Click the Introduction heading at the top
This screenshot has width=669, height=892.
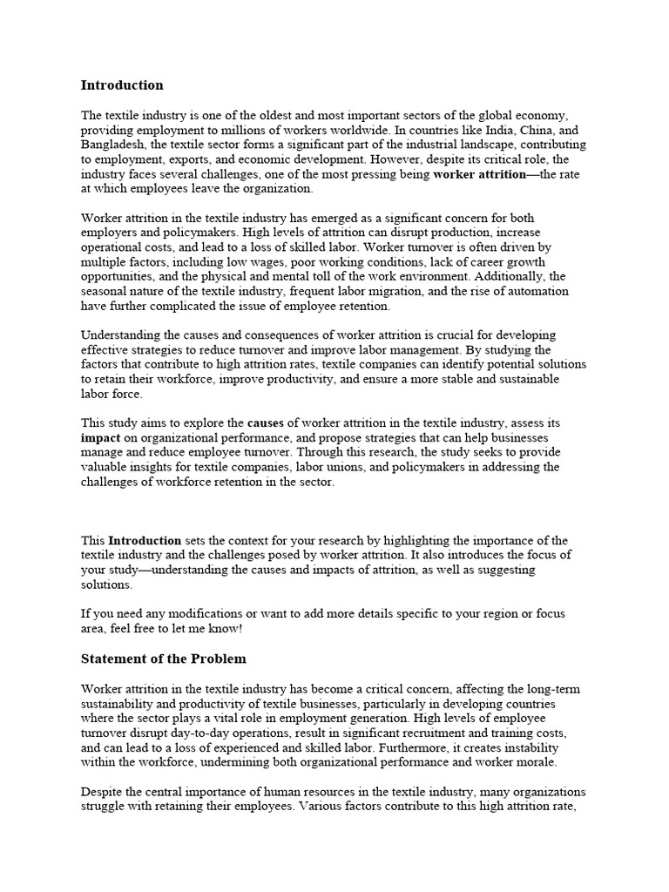pos(122,85)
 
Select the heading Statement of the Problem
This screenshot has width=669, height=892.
pos(164,658)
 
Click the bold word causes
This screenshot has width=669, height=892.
pos(266,423)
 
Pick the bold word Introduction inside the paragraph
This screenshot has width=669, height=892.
pos(145,541)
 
